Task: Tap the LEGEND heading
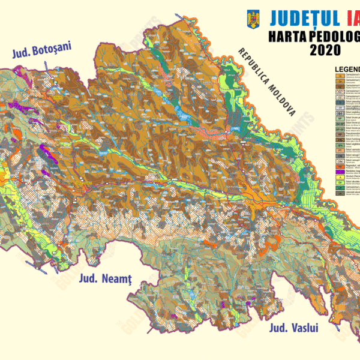click(x=347, y=69)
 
